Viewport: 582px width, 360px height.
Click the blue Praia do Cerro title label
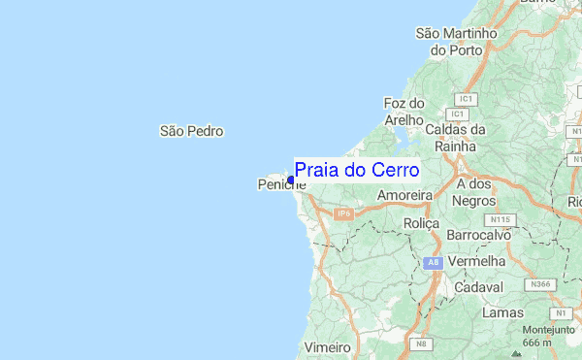(356, 171)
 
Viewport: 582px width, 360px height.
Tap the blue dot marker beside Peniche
(291, 180)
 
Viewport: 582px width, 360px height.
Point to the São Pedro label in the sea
(191, 130)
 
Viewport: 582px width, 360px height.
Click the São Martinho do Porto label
(456, 41)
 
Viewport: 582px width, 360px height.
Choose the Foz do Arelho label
(405, 112)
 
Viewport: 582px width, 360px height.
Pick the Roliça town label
(421, 223)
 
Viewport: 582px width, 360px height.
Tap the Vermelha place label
(478, 261)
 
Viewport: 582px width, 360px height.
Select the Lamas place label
(503, 312)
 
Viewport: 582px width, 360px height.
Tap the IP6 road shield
(342, 213)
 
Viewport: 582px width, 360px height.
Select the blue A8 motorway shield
(433, 262)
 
